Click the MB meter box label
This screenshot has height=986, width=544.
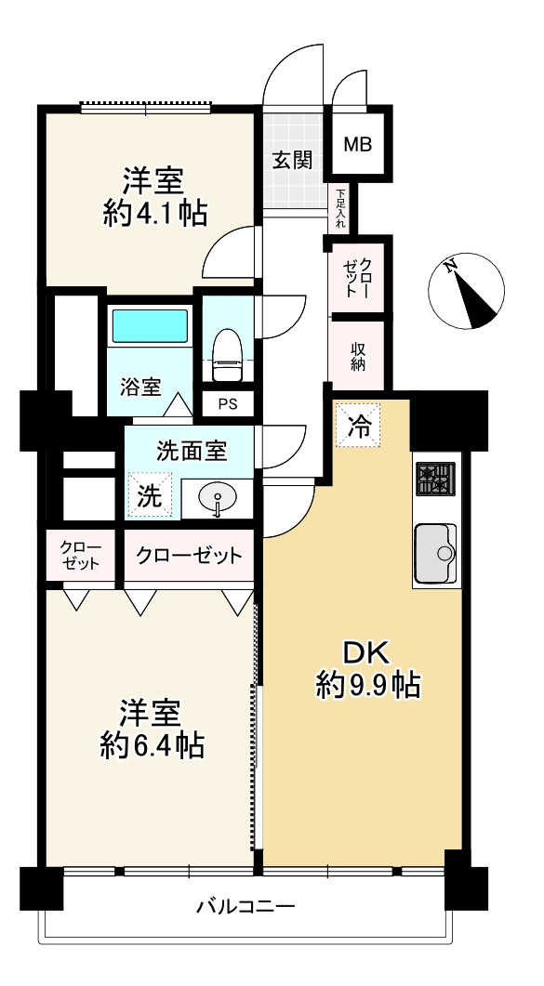(x=357, y=145)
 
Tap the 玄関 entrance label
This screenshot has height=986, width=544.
(x=292, y=161)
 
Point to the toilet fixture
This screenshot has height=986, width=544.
(x=227, y=355)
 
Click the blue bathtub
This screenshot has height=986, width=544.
(x=150, y=326)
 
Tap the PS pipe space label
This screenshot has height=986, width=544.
(x=228, y=404)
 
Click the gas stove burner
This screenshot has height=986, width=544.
(x=435, y=480)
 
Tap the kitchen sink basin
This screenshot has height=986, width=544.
(x=435, y=553)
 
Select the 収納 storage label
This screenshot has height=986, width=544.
(x=358, y=356)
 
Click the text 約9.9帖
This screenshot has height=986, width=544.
(x=368, y=685)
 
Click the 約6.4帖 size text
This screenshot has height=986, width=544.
(x=152, y=746)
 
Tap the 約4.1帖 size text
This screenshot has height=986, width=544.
(x=154, y=215)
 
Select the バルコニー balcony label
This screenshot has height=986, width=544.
(x=245, y=907)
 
